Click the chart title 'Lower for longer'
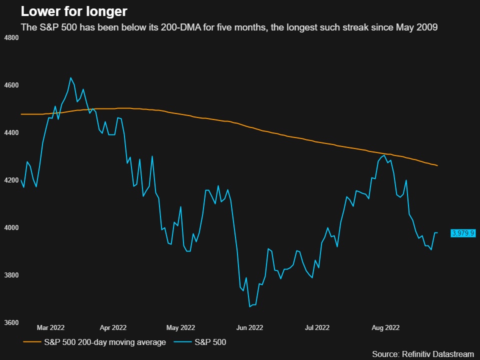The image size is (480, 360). (73, 11)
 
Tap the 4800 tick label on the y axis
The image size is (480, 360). (11, 37)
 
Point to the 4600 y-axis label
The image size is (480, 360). (11, 85)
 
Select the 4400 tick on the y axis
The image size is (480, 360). (11, 133)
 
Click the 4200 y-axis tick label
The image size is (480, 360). (11, 180)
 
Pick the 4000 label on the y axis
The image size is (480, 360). (11, 228)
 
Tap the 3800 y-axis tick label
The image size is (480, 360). (11, 275)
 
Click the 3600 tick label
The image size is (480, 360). (11, 323)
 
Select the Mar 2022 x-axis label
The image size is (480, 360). (50, 328)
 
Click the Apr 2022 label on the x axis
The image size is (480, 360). (113, 328)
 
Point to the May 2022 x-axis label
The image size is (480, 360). (180, 328)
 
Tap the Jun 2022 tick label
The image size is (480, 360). (248, 328)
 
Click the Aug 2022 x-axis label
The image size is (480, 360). (385, 328)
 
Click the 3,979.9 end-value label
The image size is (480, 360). (462, 233)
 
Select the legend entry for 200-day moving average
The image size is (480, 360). (94, 342)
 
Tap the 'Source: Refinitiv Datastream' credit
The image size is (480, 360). (423, 354)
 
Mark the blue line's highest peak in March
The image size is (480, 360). (70, 78)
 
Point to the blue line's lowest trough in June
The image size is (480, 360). (249, 306)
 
